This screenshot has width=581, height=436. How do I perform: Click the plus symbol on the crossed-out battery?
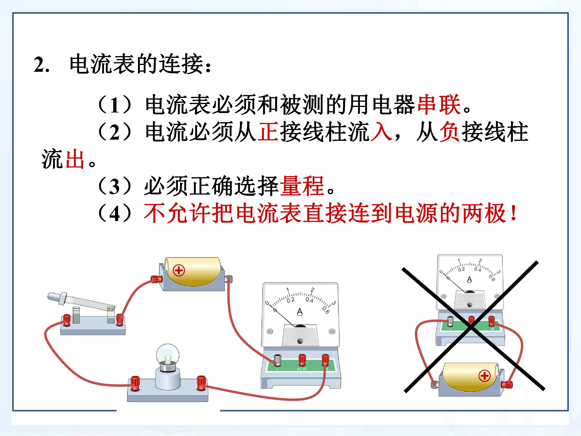click(485, 376)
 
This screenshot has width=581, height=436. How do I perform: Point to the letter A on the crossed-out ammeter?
click(469, 280)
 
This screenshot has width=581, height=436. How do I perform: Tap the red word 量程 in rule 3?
click(302, 186)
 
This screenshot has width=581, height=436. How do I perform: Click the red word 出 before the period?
click(75, 159)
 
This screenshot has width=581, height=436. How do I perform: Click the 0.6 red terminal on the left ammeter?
click(302, 359)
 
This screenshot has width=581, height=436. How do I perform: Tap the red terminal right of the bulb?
click(201, 383)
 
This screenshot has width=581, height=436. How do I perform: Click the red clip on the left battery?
click(156, 279)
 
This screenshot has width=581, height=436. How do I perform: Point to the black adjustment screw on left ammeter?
click(300, 341)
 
